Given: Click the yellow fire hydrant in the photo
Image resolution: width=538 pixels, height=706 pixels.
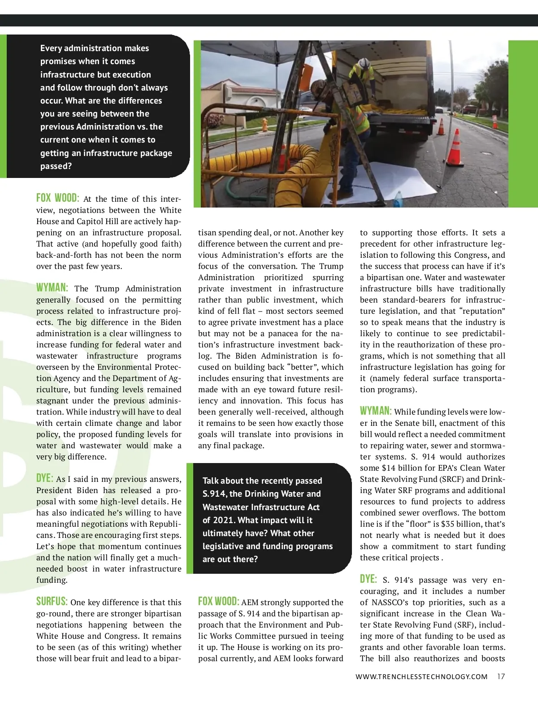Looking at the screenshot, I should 265,124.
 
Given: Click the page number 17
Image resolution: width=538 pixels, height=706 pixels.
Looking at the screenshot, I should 501,676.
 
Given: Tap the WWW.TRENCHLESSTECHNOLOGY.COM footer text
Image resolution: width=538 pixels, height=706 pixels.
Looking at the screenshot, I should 421,676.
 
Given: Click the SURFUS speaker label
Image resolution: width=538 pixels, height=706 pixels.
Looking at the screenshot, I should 52,602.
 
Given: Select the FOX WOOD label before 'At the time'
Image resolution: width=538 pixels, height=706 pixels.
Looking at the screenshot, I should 57,198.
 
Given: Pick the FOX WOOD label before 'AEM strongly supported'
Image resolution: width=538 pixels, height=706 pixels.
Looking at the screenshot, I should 218,602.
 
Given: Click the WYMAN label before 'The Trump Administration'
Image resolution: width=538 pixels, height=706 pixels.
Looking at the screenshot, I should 52,288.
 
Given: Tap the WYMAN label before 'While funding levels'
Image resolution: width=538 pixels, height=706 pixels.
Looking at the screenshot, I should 375,411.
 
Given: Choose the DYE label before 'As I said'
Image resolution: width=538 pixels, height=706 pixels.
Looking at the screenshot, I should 44,478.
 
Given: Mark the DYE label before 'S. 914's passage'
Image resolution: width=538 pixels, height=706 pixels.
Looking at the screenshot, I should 368,579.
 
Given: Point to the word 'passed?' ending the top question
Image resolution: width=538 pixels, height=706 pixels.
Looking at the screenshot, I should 56,166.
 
